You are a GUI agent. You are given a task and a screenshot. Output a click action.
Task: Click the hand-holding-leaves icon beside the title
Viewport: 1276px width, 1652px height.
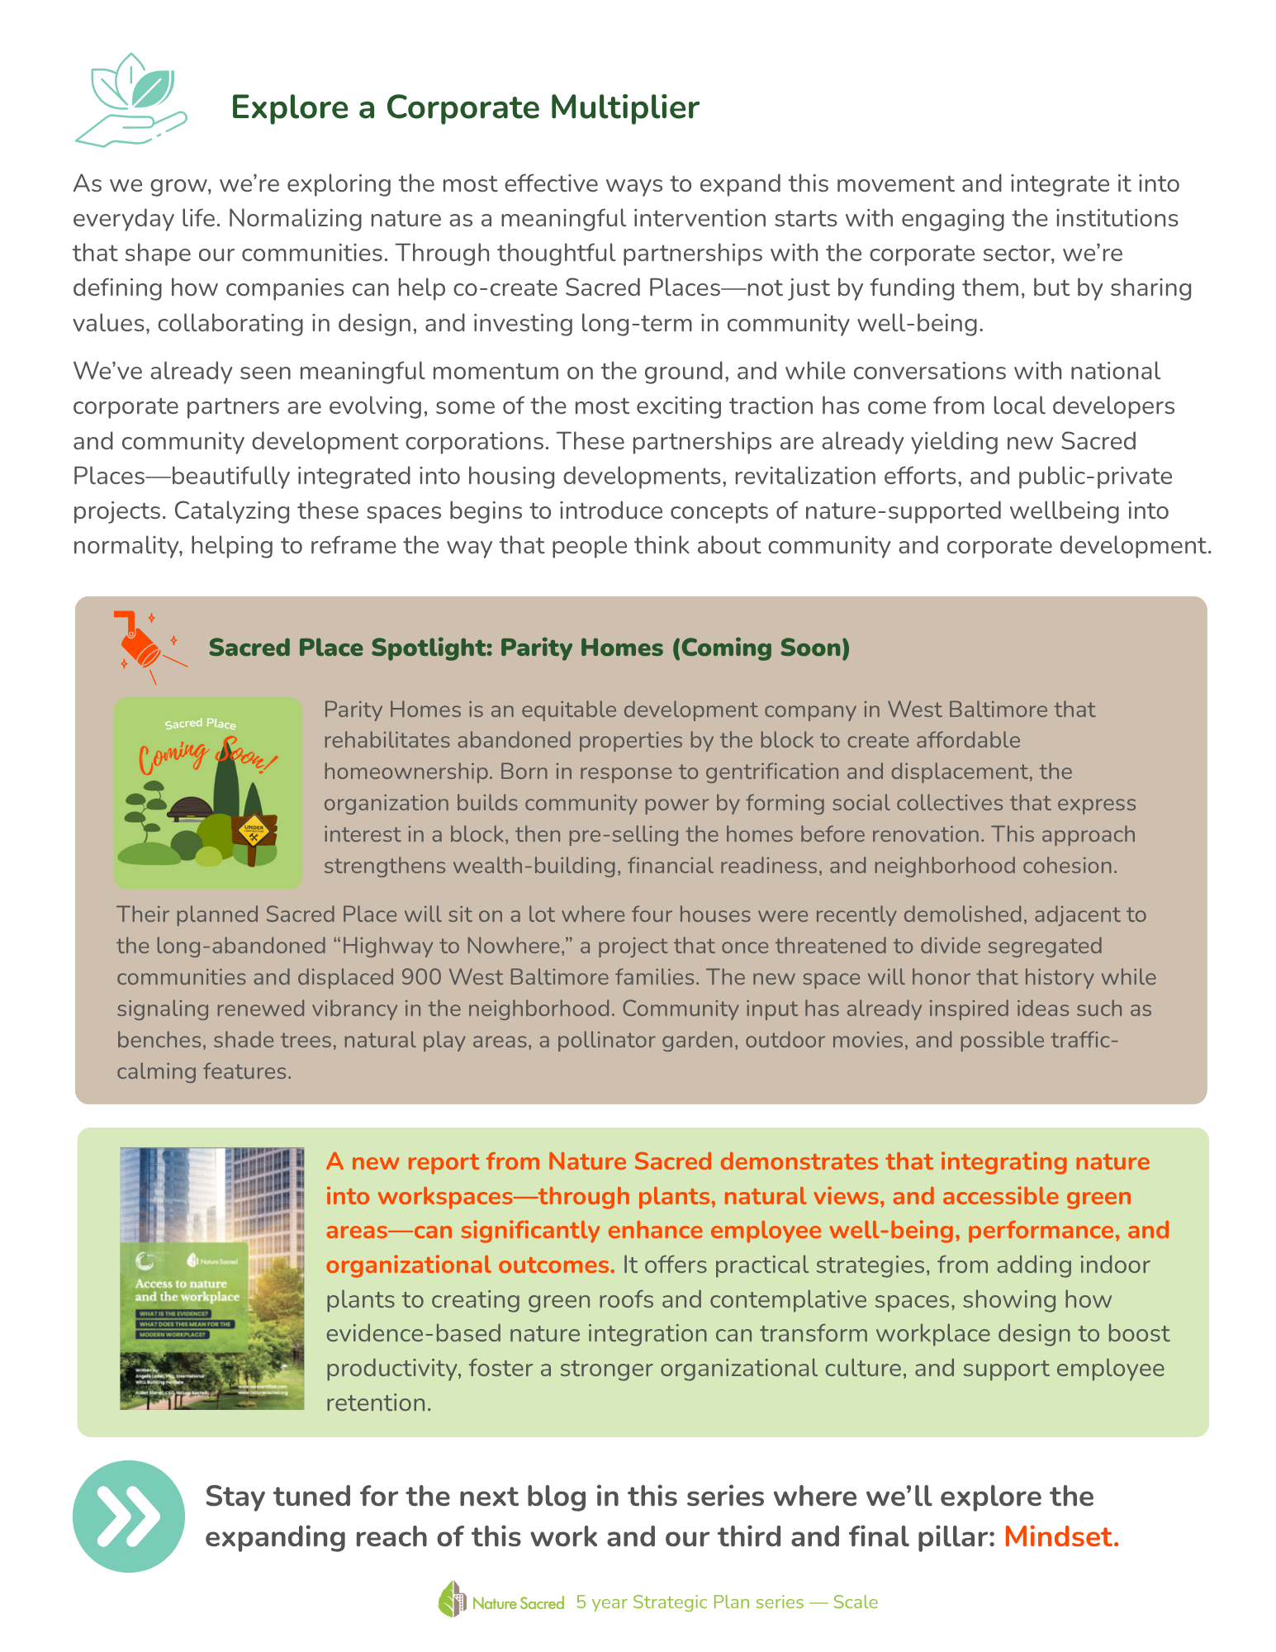coord(130,101)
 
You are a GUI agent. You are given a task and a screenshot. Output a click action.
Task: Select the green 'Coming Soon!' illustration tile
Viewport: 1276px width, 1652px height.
coord(208,793)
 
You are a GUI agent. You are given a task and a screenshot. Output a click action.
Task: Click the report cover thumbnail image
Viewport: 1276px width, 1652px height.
coord(212,1278)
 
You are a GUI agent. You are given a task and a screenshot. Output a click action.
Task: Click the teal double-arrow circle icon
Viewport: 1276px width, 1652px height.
coord(129,1516)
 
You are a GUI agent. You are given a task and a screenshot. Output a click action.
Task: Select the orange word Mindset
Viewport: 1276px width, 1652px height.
coord(1061,1536)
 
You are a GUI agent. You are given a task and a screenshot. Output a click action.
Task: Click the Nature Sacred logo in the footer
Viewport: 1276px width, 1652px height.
coord(501,1602)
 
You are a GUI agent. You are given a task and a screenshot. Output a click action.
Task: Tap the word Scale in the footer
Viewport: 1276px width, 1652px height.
coord(855,1602)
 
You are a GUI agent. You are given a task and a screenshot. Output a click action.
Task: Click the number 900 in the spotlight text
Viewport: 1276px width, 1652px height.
coord(421,977)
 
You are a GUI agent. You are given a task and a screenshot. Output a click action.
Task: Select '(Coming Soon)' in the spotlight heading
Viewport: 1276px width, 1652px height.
coord(761,648)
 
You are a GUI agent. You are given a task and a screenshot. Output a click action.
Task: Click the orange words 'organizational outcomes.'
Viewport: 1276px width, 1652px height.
coord(470,1265)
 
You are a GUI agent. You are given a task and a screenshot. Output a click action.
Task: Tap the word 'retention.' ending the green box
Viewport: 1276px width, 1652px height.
coord(378,1403)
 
